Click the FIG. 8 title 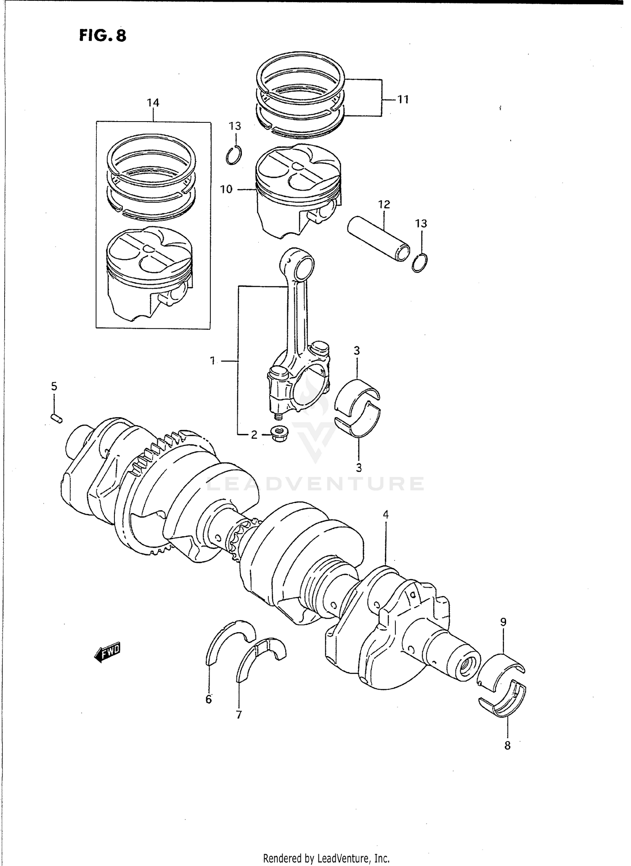click(x=102, y=35)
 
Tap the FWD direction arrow click(x=107, y=653)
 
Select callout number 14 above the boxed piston click(x=153, y=103)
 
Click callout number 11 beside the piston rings click(x=403, y=100)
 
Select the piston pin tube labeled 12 click(x=379, y=238)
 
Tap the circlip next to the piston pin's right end click(x=420, y=263)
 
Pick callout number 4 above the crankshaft click(x=385, y=514)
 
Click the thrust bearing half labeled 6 click(x=229, y=641)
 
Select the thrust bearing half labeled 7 click(x=260, y=660)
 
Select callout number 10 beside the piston click(x=226, y=189)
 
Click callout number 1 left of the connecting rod click(x=213, y=360)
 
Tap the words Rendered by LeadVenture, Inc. click(x=326, y=858)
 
